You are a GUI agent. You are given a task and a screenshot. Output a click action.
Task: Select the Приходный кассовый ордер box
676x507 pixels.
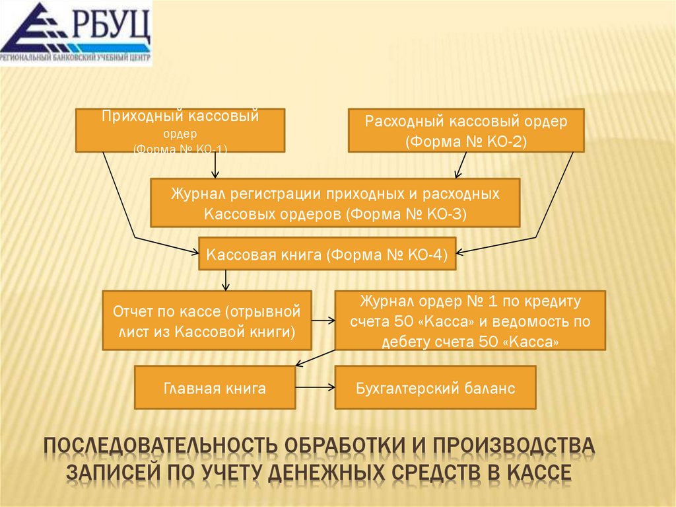(x=180, y=130)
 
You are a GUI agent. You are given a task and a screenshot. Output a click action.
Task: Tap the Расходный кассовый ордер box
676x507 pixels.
(x=466, y=130)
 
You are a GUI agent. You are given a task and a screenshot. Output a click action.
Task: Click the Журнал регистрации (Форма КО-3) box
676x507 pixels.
(x=335, y=204)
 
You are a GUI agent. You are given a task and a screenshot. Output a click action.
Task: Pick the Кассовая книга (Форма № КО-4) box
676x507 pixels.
(x=327, y=253)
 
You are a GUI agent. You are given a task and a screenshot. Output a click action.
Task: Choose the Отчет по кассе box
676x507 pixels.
(x=207, y=320)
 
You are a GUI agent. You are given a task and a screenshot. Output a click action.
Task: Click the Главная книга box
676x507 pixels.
(x=215, y=387)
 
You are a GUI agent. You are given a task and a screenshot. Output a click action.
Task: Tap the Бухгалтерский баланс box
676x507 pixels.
(x=435, y=387)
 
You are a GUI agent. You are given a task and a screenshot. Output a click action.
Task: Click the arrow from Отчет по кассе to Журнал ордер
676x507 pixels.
(x=323, y=321)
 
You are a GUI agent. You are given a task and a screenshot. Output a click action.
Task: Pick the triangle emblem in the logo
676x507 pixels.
(x=33, y=30)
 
